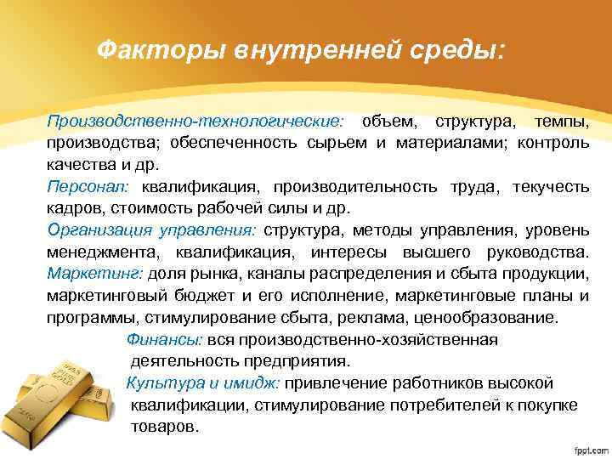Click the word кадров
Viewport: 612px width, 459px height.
pos(74,207)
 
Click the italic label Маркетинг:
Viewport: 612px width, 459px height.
pos(97,274)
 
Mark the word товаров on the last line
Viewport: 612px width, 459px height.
pos(165,426)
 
